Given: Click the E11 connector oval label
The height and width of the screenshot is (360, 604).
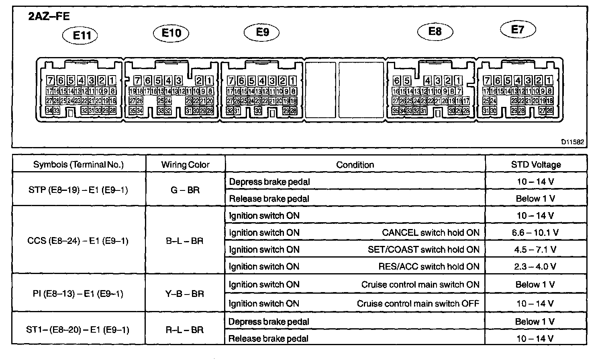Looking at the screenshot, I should tap(80, 35).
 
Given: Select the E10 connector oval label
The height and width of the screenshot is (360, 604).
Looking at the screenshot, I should tap(171, 33).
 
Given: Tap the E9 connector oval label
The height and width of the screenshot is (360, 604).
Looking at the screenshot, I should tap(262, 32).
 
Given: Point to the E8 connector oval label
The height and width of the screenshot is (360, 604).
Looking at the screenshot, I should tap(435, 31).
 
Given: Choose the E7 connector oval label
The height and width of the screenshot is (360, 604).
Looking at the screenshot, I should tap(518, 29).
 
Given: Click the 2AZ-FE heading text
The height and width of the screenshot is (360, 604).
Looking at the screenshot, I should tap(49, 16).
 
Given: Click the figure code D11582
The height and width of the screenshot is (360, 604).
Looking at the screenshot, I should tap(572, 142).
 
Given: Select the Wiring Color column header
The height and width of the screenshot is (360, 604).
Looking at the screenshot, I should tap(185, 164).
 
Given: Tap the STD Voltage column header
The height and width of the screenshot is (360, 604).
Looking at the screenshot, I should tap(536, 164).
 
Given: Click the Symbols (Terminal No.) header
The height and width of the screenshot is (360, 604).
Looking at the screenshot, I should tap(78, 164).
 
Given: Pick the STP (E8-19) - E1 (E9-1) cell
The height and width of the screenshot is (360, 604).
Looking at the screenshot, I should tap(78, 190).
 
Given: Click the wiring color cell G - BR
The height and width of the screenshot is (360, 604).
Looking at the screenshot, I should tap(185, 190).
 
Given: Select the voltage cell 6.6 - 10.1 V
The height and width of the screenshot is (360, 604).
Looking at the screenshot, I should tap(536, 233).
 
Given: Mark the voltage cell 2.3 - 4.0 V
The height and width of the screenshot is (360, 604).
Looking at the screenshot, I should tap(536, 266).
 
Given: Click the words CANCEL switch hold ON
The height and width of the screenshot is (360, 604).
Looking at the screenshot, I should tap(431, 233).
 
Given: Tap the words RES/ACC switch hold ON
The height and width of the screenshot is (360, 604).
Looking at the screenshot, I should tap(429, 266).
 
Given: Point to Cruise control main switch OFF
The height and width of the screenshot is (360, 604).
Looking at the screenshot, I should tap(418, 303).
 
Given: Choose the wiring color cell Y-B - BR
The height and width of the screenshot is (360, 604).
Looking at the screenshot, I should tap(185, 294).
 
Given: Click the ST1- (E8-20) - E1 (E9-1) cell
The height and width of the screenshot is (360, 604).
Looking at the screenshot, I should tap(78, 330).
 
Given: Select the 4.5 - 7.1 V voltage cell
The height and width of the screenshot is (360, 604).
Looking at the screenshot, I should tap(536, 250).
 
